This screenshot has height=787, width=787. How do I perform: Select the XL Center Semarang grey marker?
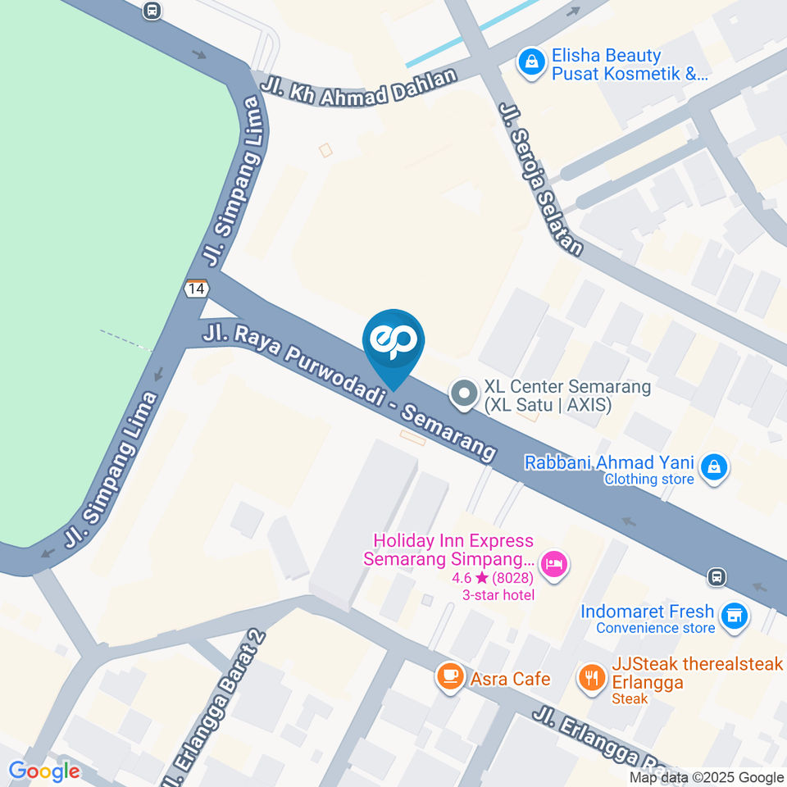click(465, 394)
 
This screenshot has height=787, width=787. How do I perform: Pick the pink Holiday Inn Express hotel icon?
click(555, 563)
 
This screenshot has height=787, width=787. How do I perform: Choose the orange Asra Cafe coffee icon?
click(449, 676)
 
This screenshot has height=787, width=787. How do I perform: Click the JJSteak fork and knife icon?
click(591, 676)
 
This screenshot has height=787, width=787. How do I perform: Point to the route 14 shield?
click(196, 289)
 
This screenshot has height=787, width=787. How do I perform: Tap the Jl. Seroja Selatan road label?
click(541, 179)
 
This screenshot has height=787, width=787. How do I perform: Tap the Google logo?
click(44, 771)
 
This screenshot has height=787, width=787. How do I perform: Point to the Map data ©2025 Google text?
click(707, 778)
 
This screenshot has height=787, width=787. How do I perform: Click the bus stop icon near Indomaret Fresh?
click(717, 576)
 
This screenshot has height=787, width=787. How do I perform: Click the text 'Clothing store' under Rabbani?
click(649, 479)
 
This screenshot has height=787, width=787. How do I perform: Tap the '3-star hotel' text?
click(498, 594)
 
